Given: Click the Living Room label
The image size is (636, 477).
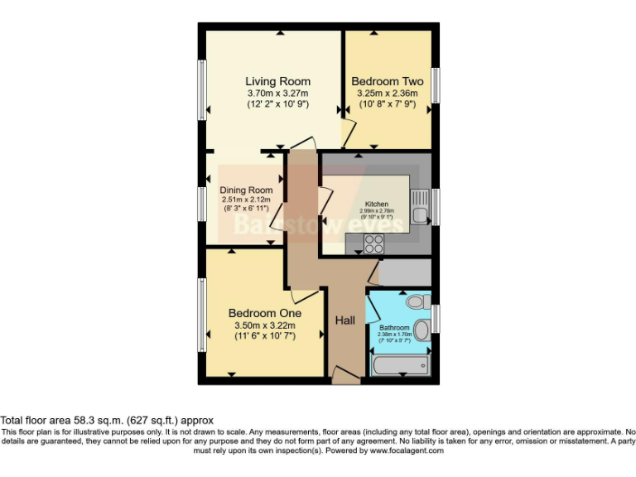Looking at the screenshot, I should tap(277, 81).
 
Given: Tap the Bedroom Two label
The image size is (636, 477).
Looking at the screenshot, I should tap(387, 81).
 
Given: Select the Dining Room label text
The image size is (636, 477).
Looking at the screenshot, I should tap(246, 190).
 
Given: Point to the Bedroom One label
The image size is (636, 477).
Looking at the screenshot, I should tap(265, 314).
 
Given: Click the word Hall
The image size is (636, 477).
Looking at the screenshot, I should tap(345, 320).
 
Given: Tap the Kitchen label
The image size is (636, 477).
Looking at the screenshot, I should tap(377, 204).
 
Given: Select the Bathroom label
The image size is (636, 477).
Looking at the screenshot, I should tap(394, 327).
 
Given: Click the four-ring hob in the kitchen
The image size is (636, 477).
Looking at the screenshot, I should tap(374, 243).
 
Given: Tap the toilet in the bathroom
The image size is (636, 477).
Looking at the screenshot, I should tap(413, 300).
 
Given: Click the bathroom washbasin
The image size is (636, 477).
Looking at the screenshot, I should tap(422, 331).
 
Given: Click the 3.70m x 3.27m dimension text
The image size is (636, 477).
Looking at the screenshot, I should tap(277, 94).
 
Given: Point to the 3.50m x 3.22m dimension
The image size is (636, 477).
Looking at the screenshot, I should tap(265, 326).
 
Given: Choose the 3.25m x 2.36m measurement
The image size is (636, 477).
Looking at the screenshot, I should tap(387, 94).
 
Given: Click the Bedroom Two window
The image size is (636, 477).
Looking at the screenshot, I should tap(436, 85).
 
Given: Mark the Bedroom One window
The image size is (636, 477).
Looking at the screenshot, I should tap(200, 315).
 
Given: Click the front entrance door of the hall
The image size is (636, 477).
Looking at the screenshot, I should tap(345, 377).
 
